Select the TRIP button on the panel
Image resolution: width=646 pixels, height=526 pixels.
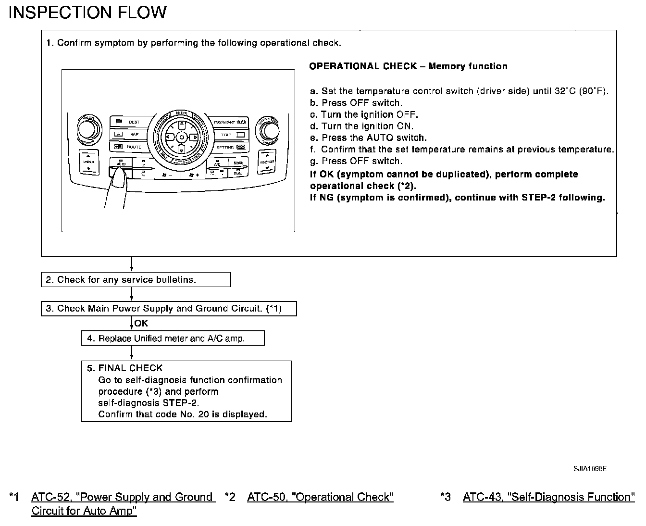click(231, 135)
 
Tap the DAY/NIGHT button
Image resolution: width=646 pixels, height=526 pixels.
click(230, 123)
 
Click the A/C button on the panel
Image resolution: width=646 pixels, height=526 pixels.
click(217, 163)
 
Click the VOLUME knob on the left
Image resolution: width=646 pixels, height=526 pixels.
click(89, 129)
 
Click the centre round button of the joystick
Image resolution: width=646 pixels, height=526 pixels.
click(181, 138)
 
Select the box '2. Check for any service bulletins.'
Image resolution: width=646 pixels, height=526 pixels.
click(136, 280)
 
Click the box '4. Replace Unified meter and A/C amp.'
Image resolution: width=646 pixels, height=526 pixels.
click(173, 338)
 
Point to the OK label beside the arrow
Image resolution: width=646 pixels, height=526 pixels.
click(141, 324)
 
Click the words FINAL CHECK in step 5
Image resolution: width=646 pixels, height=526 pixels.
click(130, 368)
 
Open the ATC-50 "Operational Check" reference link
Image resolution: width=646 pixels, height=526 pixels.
click(320, 497)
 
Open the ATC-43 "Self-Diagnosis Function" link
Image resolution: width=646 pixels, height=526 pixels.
click(548, 497)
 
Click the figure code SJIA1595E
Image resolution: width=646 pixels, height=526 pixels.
click(590, 469)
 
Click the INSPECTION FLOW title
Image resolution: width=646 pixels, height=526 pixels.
click(87, 13)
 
